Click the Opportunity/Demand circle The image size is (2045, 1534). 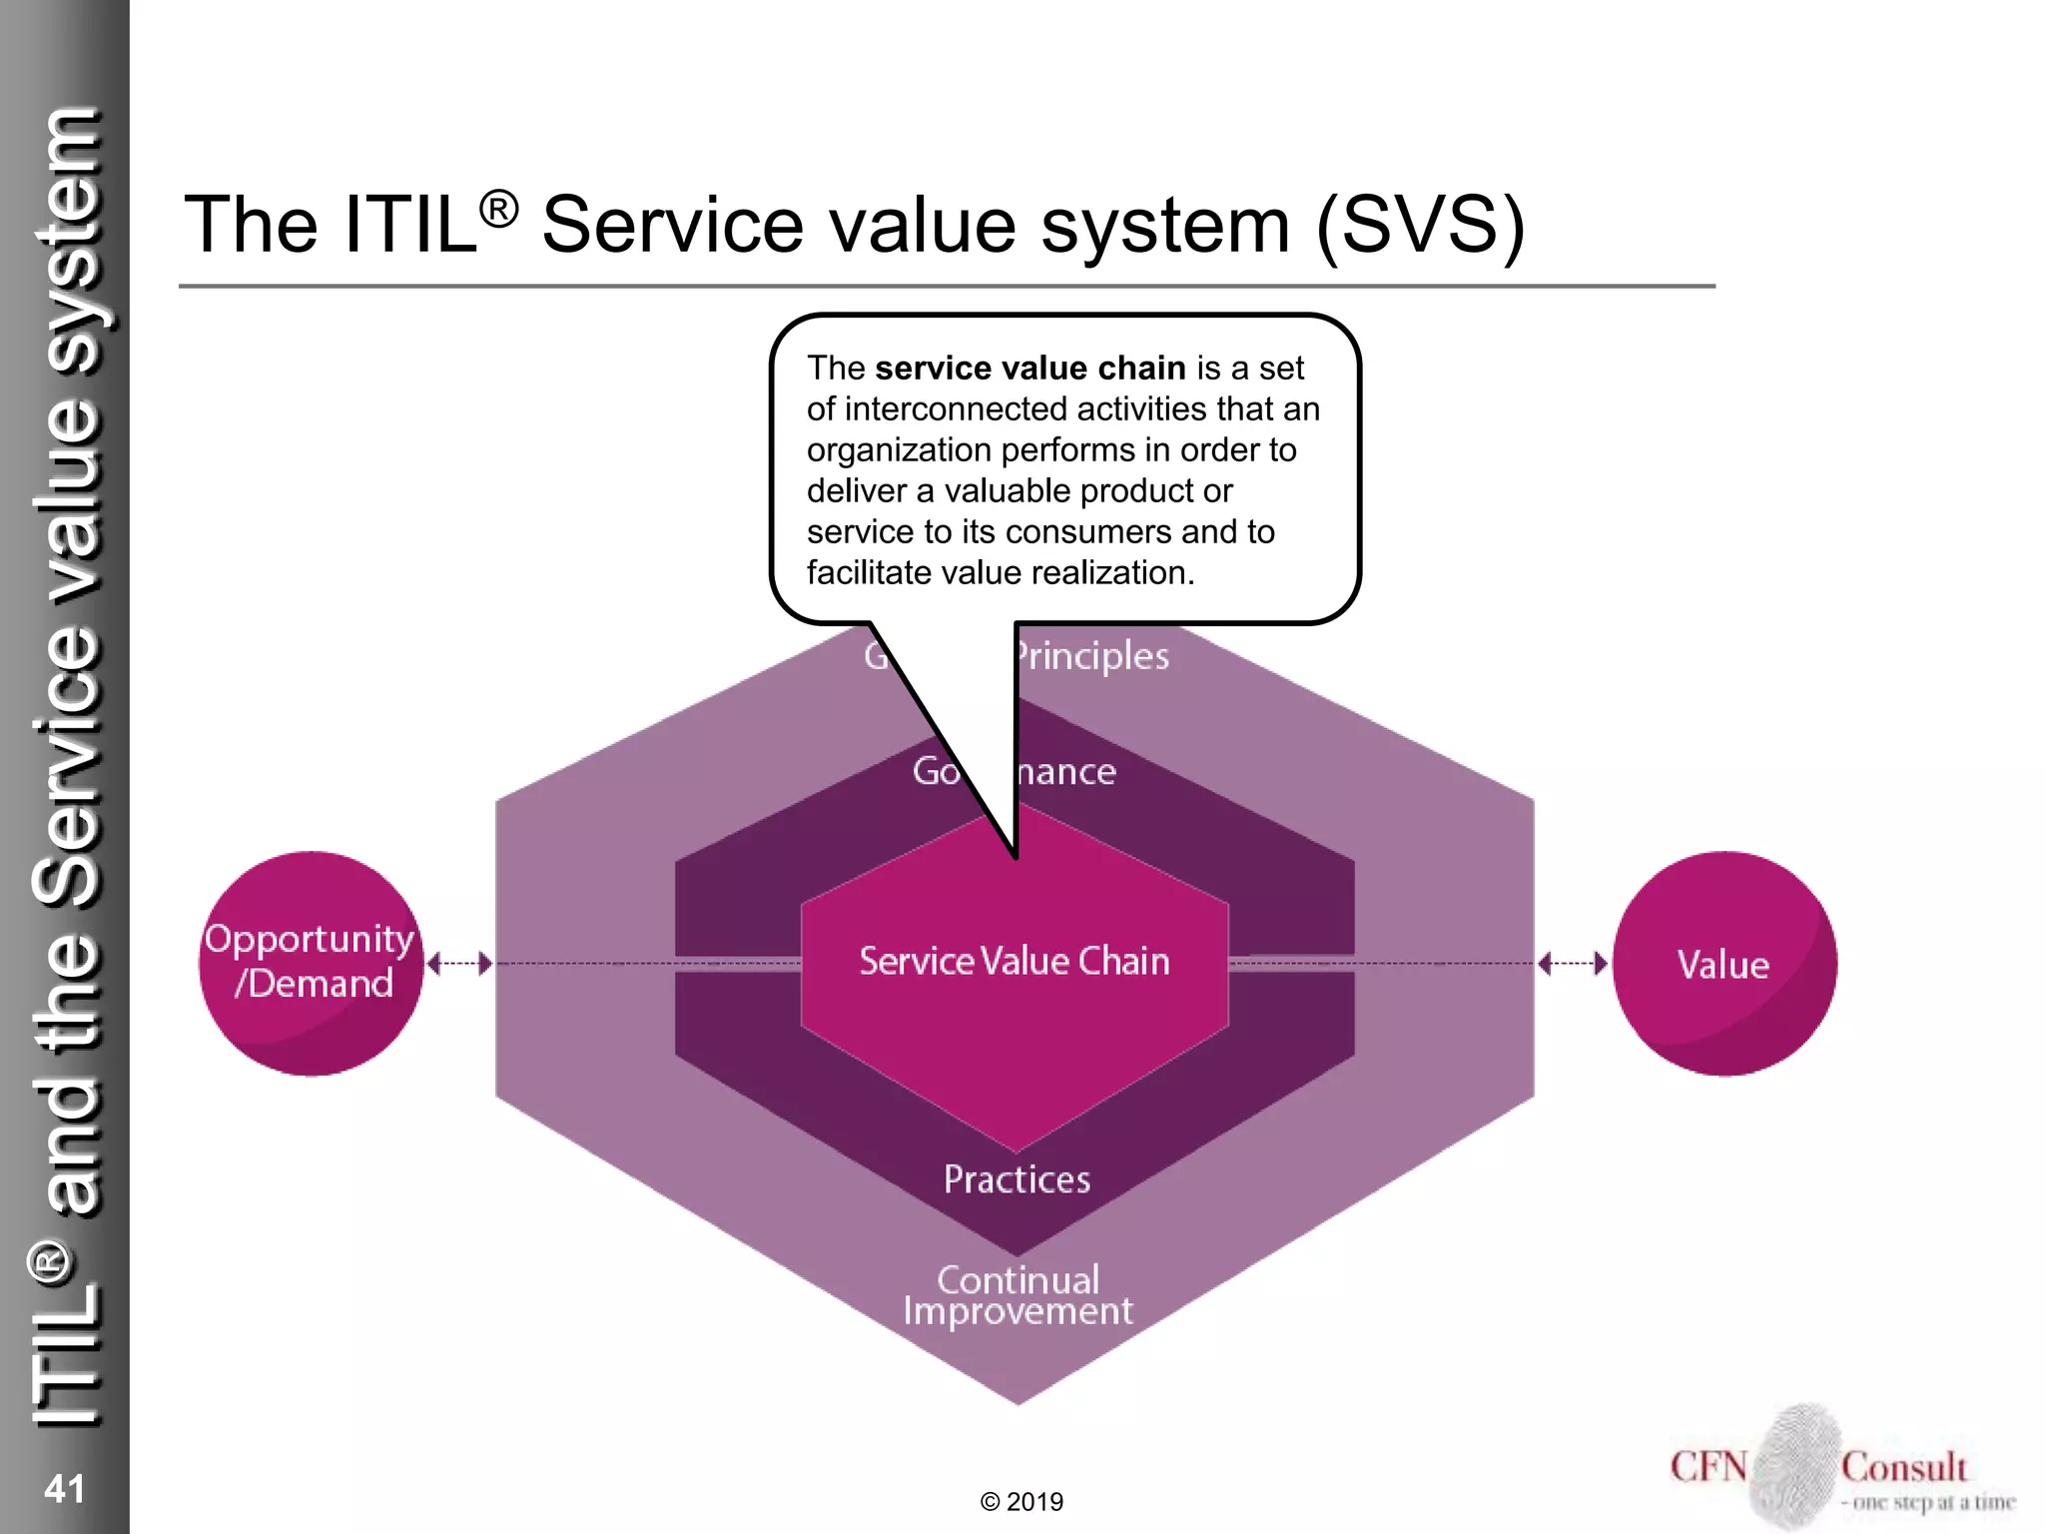coord(312,963)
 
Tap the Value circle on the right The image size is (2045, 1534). coord(1724,964)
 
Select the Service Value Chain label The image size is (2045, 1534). coord(1015,961)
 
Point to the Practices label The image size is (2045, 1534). coord(1017,1179)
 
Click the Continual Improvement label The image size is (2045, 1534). coord(1018,1295)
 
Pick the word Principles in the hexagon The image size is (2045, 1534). coord(1092,656)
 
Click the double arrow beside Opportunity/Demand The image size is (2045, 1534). coord(459,964)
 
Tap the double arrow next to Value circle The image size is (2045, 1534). coord(1573,964)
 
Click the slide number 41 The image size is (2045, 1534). coord(65,1488)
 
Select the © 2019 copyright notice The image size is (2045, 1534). coord(1022,1502)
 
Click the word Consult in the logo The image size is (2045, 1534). coord(1903,1467)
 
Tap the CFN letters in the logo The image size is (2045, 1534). coord(1708,1467)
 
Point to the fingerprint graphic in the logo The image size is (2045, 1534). coord(1796,1464)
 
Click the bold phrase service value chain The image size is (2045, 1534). coord(1029,369)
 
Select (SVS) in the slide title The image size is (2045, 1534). coord(1420,225)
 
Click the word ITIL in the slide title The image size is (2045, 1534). coord(409,225)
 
